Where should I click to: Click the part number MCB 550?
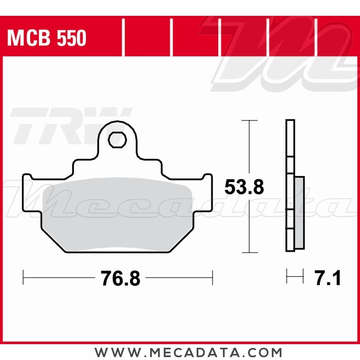[47, 38]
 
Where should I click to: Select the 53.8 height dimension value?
[244, 187]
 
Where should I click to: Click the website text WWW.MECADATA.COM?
[188, 351]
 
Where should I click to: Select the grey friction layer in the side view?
[299, 212]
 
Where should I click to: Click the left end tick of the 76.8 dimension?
[23, 277]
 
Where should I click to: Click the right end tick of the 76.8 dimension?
[212, 277]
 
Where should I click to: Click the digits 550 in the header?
[71, 38]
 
